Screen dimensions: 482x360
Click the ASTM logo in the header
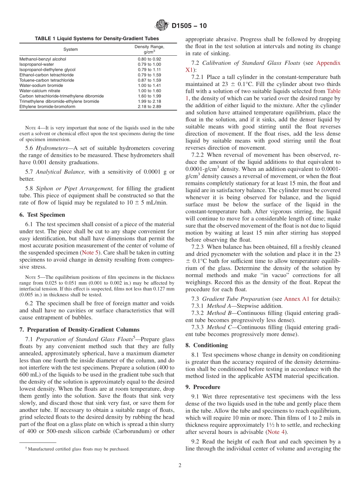162,26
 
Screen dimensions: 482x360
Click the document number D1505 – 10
189,26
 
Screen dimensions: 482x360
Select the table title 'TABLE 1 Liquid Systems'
97,39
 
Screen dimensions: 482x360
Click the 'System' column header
70,49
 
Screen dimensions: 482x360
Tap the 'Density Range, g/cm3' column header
149,49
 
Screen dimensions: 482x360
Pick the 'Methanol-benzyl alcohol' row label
43,59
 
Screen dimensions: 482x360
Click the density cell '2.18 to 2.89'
149,107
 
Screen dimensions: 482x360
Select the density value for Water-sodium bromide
149,86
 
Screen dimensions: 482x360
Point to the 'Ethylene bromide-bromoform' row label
47,107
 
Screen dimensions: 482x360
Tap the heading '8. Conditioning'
207,345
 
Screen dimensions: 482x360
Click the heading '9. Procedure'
203,387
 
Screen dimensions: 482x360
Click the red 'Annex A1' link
296,299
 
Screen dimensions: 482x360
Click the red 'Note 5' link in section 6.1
91,252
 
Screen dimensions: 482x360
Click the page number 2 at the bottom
180,465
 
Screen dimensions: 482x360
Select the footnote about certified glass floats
77,449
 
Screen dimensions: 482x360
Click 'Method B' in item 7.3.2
218,313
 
